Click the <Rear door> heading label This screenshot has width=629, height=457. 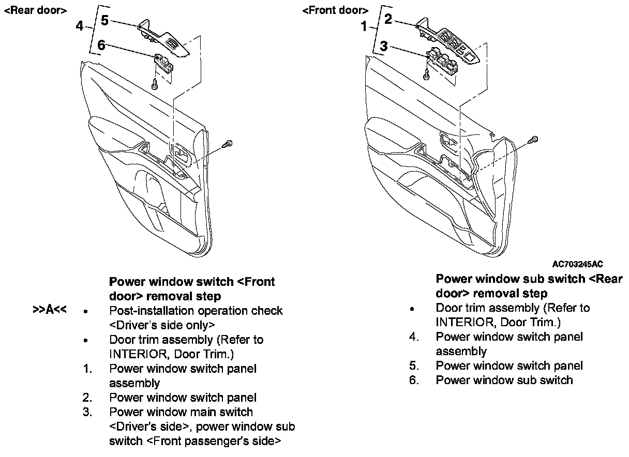tap(35, 10)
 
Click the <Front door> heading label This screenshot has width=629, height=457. tap(335, 10)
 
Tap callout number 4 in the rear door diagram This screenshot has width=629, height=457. tap(79, 25)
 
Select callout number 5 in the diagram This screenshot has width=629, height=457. tap(104, 20)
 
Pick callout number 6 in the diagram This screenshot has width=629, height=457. tap(101, 45)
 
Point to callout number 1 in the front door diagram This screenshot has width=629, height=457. tap(364, 25)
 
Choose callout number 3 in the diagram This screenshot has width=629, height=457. tap(384, 46)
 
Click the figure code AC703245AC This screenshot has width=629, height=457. tap(577, 264)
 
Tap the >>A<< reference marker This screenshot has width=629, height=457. tap(50, 310)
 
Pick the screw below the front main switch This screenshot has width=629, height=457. tap(426, 75)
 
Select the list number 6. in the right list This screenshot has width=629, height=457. tap(413, 380)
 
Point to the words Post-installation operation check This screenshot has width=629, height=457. tap(196, 311)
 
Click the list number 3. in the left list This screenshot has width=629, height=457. tap(87, 412)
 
